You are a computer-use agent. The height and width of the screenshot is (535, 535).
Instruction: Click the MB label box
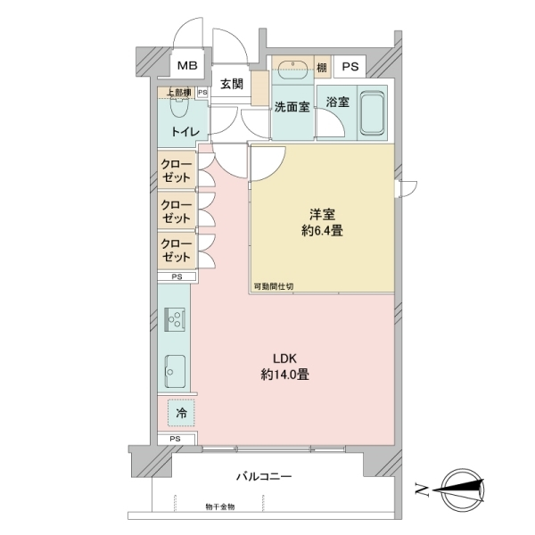(188, 66)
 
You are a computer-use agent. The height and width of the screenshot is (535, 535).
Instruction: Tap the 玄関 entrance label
(232, 86)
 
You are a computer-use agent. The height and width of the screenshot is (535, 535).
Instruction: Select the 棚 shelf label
(321, 67)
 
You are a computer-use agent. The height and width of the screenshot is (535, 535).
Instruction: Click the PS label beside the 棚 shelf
(350, 67)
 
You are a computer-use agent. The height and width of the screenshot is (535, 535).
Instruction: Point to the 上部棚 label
(176, 92)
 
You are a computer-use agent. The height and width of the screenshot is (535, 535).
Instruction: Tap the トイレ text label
(185, 131)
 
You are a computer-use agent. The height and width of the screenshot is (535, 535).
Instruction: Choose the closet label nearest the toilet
(176, 170)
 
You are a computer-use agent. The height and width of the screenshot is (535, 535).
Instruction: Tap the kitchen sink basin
(175, 367)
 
